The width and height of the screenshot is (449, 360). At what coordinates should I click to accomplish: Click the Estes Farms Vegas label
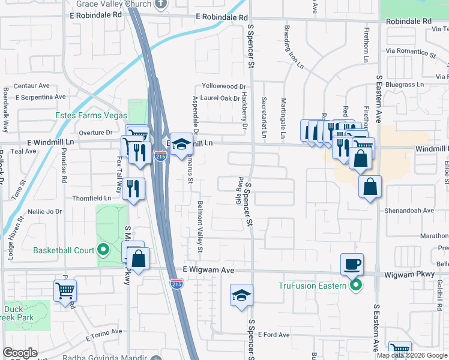pyautogui.click(x=91, y=115)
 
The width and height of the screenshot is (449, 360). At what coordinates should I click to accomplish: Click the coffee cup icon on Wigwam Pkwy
pyautogui.click(x=352, y=263)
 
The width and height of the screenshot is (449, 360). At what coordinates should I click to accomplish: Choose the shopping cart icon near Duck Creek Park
pyautogui.click(x=65, y=291)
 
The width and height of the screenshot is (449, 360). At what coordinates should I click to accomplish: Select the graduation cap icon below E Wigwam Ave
pyautogui.click(x=241, y=295)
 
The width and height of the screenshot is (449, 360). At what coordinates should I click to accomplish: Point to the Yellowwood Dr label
pyautogui.click(x=224, y=86)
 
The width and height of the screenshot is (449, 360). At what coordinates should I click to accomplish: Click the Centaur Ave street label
pyautogui.click(x=31, y=86)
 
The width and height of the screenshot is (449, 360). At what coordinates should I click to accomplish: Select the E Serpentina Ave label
pyautogui.click(x=40, y=97)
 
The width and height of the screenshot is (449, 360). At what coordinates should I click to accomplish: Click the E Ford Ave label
pyautogui.click(x=274, y=335)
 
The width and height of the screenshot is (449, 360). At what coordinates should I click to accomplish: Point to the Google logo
pyautogui.click(x=20, y=353)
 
